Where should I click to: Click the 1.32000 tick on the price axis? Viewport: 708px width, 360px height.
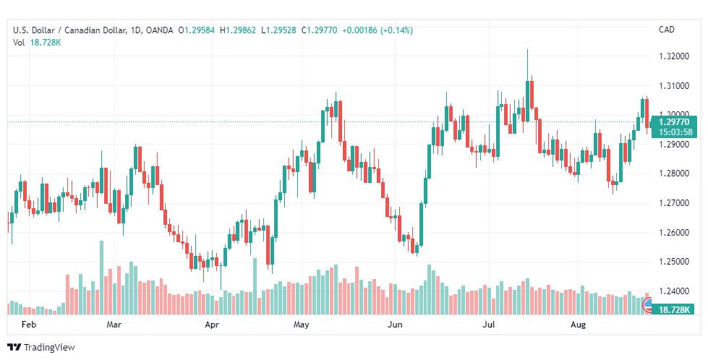tap(674, 56)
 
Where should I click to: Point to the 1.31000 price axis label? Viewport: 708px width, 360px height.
tap(674, 86)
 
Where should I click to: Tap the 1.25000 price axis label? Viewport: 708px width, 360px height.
tap(674, 262)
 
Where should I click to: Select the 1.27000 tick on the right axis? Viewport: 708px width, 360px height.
tap(674, 203)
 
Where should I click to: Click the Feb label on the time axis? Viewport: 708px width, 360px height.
tap(28, 325)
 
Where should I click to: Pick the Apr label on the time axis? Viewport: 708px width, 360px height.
tap(212, 325)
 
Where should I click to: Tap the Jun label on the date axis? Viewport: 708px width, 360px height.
tap(395, 325)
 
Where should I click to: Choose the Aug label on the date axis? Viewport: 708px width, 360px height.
tap(578, 325)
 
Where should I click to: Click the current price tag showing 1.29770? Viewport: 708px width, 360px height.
tap(674, 122)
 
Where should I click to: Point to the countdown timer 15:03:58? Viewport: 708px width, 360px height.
tap(675, 132)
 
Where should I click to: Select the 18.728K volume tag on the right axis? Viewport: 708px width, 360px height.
tap(674, 309)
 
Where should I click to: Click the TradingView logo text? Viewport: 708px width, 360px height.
tap(48, 348)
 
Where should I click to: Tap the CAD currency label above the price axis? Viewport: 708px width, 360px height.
tap(667, 30)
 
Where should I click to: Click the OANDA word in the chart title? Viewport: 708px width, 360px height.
tap(159, 30)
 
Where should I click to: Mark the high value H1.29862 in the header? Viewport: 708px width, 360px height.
tap(238, 30)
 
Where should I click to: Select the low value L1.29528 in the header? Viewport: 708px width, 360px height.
tap(278, 30)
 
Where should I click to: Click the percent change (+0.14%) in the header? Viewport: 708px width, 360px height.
tap(396, 30)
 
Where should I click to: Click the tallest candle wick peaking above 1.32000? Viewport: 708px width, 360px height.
tap(527, 65)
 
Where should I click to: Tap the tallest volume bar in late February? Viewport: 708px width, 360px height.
tap(101, 278)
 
